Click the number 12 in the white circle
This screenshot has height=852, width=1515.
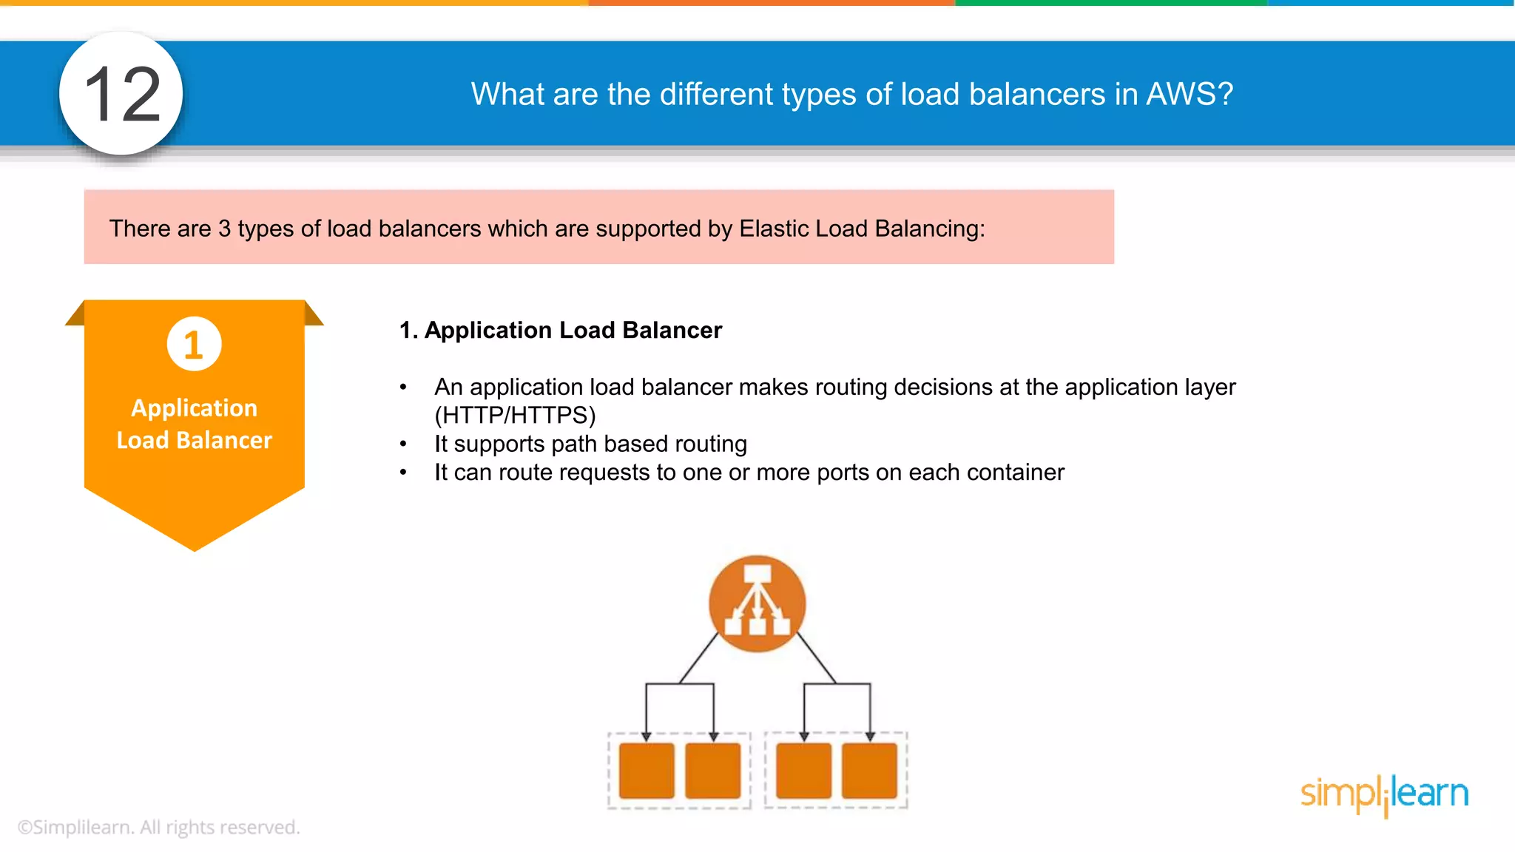click(x=122, y=94)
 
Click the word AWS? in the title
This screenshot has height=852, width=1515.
click(x=1190, y=94)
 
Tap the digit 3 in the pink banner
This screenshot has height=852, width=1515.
click(x=224, y=229)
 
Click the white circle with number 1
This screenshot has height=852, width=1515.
click(x=194, y=344)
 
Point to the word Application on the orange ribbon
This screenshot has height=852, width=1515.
click(x=194, y=408)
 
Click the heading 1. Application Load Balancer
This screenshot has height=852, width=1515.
click(x=560, y=330)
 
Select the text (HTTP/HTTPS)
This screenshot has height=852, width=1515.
click(x=515, y=415)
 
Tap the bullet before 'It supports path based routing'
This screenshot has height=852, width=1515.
click(x=403, y=444)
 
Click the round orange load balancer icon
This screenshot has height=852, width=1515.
click(x=757, y=603)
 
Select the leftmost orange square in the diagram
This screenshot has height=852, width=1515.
click(x=647, y=771)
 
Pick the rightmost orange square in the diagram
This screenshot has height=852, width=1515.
click(x=869, y=771)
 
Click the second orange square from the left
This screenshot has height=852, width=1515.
click(x=712, y=771)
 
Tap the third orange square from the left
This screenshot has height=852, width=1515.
click(x=803, y=771)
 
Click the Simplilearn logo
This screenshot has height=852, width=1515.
click(x=1384, y=794)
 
